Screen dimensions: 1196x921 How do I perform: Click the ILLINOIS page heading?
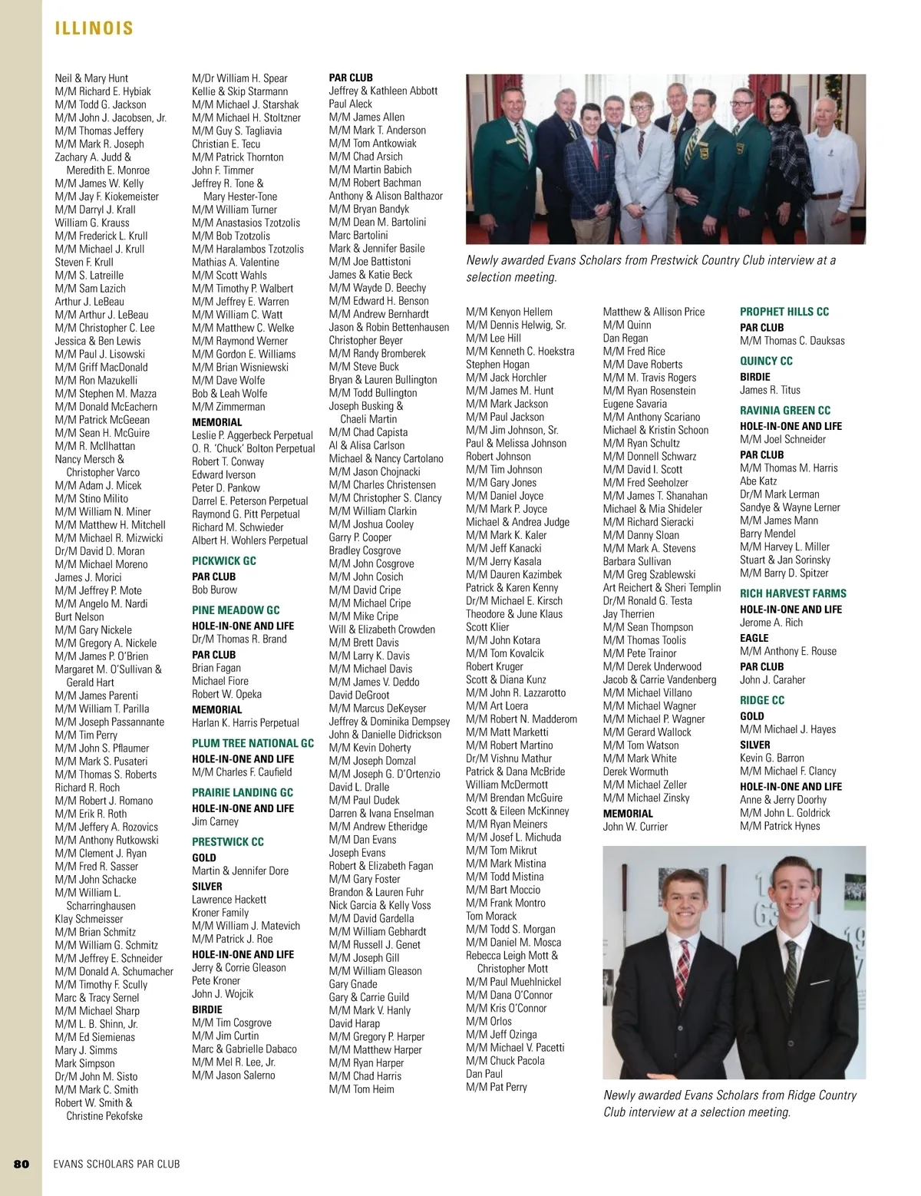[x=94, y=29]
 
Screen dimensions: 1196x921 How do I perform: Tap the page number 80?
[x=21, y=1164]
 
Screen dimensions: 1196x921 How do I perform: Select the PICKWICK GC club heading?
[x=224, y=561]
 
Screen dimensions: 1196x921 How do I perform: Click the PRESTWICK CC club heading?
[x=228, y=841]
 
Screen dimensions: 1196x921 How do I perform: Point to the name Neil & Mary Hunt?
[x=91, y=78]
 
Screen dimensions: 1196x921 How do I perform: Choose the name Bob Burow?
[x=214, y=590]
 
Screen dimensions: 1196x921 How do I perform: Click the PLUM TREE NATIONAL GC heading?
[x=253, y=743]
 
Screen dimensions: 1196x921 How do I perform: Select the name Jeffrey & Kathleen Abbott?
[x=383, y=91]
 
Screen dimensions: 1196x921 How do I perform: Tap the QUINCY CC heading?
[x=766, y=361]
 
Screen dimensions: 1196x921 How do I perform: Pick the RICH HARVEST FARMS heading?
[x=793, y=593]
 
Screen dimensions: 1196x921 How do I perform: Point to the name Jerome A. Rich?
[x=771, y=623]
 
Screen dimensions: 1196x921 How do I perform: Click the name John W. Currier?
[x=635, y=827]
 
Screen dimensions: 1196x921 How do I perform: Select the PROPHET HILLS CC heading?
[x=784, y=312]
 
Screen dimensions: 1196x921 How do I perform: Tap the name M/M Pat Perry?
[x=496, y=1087]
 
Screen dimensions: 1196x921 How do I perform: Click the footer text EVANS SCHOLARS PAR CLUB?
[x=117, y=1164]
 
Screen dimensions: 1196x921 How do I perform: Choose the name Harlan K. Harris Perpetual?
[x=245, y=722]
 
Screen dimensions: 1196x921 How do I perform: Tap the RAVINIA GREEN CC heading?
[x=785, y=410]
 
